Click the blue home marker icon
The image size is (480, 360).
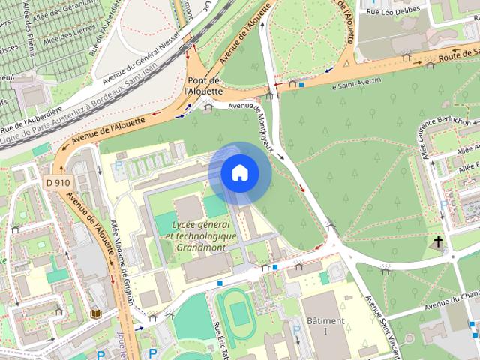click(239, 172)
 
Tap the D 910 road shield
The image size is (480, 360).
click(56, 181)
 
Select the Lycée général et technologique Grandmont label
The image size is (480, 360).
click(201, 235)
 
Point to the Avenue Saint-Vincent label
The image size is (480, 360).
click(383, 321)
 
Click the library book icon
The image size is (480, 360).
click(95, 313)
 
